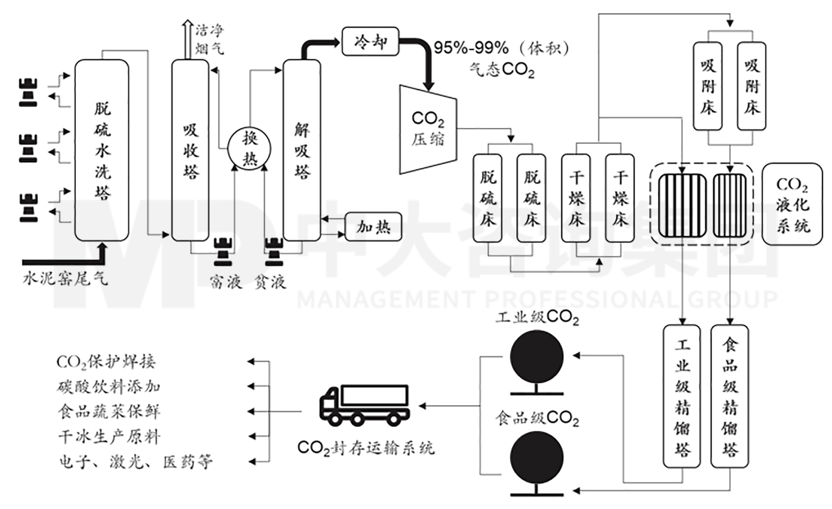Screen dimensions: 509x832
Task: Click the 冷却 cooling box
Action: click(x=370, y=42)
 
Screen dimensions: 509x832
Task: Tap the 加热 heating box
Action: click(x=373, y=227)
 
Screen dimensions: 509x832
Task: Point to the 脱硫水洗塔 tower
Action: click(x=102, y=150)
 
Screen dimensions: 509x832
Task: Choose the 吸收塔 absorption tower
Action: click(x=191, y=150)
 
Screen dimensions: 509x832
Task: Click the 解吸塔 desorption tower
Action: click(x=302, y=150)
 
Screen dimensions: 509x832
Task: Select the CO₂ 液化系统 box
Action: click(x=792, y=204)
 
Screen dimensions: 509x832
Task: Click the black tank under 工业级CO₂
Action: click(x=537, y=357)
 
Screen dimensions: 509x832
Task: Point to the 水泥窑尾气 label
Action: click(x=65, y=278)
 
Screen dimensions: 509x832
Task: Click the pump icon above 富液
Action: click(x=223, y=252)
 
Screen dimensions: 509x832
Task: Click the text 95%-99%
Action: click(x=471, y=49)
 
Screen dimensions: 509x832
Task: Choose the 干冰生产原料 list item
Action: click(x=109, y=437)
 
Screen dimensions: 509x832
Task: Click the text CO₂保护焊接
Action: click(x=106, y=362)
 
